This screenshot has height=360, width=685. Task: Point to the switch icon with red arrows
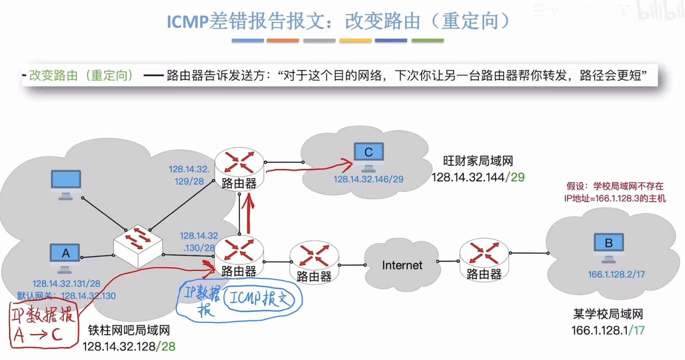click(x=138, y=247)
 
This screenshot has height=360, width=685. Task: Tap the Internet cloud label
click(x=402, y=265)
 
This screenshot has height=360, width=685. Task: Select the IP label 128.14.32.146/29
click(x=369, y=179)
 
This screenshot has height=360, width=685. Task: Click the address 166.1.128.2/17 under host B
click(x=616, y=274)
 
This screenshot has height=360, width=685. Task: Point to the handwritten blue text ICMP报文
click(x=259, y=298)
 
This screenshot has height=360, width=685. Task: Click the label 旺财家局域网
click(x=478, y=161)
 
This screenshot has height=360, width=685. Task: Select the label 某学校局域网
click(x=608, y=314)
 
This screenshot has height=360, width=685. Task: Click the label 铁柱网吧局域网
click(x=129, y=330)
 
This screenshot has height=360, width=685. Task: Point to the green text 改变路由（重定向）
click(x=81, y=75)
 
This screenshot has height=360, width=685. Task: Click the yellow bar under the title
click(x=355, y=41)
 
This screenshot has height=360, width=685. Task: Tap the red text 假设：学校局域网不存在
click(x=615, y=186)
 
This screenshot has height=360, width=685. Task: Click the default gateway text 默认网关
click(x=35, y=296)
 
